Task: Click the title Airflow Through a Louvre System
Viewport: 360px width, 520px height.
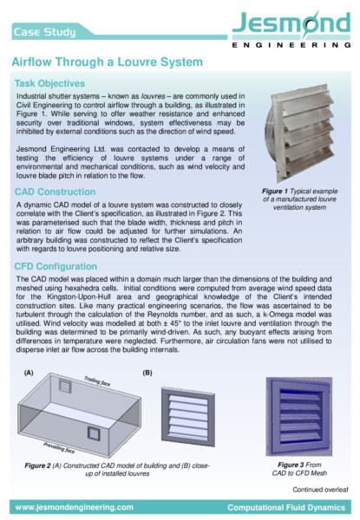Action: [x=107, y=63]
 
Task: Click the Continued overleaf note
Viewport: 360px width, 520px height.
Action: [x=320, y=491]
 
